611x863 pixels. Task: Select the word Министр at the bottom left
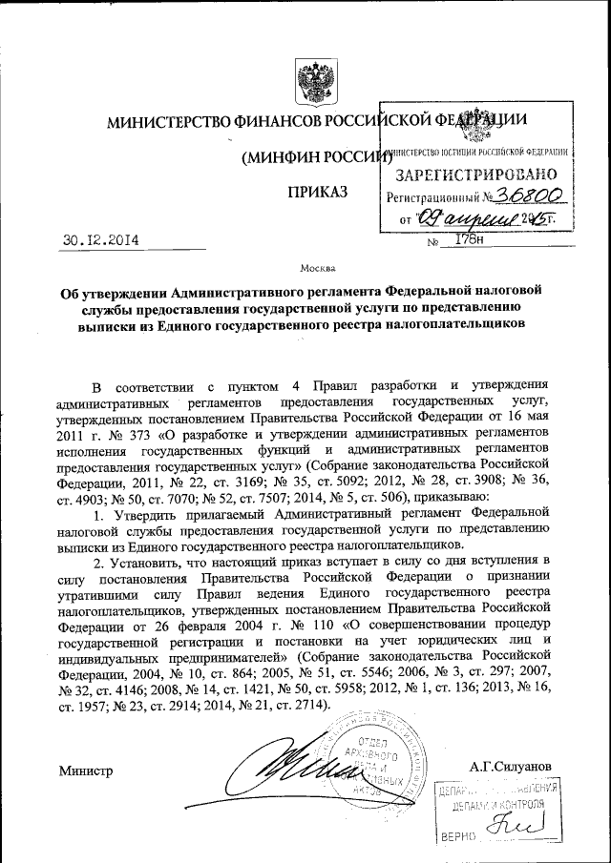(x=85, y=770)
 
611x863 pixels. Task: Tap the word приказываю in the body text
(x=454, y=497)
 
